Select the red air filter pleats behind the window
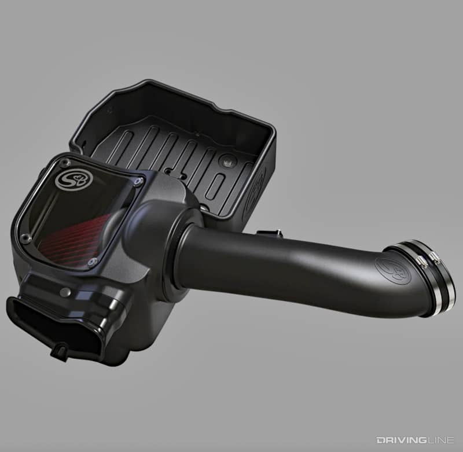[x=78, y=237]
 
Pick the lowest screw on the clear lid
[x=91, y=263]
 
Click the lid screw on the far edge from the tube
[x=25, y=237]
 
